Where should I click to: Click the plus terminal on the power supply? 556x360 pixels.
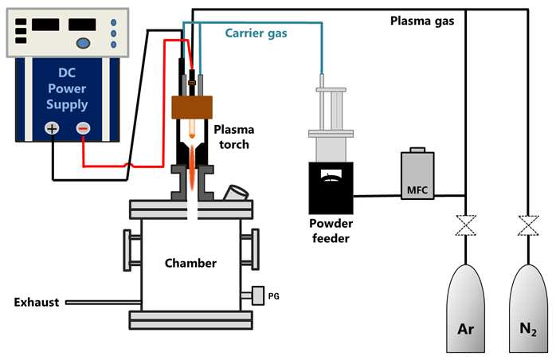pos(52,128)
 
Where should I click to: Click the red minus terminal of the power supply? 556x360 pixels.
pos(83,128)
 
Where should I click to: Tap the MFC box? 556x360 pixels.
pos(417,175)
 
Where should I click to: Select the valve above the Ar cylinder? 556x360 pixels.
pos(465,225)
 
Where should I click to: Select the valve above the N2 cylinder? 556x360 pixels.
pos(528,225)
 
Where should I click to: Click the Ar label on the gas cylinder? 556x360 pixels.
pos(465,329)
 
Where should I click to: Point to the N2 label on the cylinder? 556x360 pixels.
pos(528,329)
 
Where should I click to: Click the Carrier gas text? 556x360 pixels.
pos(256,33)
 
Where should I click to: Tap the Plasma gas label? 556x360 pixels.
pos(422,21)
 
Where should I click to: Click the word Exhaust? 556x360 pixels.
pos(37,302)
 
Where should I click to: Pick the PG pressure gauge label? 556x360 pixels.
pos(274,295)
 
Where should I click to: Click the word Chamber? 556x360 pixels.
pos(190,263)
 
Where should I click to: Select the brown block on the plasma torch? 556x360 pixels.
pos(192,107)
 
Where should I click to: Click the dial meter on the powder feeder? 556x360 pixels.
pos(331,174)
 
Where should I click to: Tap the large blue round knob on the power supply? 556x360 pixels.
pos(83,43)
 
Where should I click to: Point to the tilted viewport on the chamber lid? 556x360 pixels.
pos(236,193)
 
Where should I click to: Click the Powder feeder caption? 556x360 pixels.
pos(331,230)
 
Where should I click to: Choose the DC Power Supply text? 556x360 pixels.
pos(67,88)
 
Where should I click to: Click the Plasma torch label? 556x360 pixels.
pos(234,137)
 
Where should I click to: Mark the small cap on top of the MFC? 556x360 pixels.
pos(417,150)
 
